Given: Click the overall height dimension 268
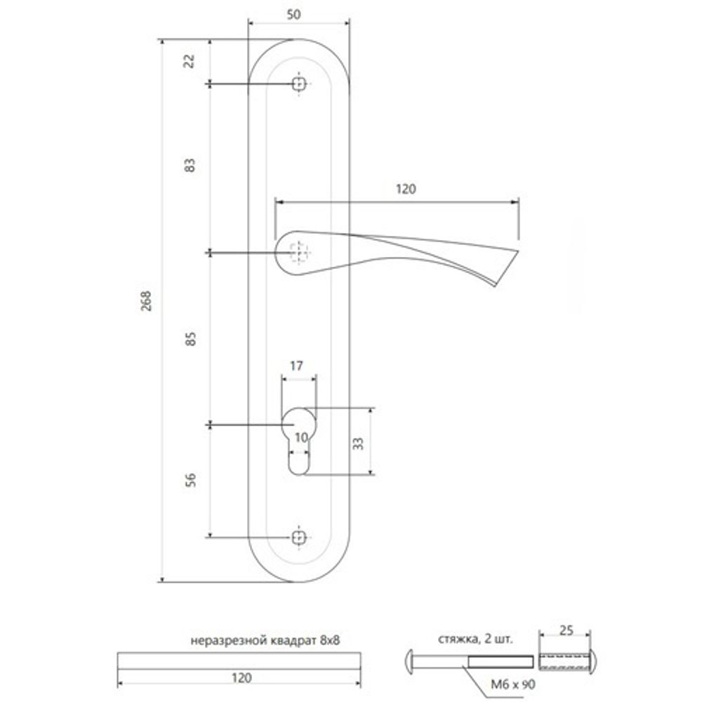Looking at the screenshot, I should coord(146,300).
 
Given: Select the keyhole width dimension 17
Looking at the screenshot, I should coord(296,366).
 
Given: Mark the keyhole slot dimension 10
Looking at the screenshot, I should coord(300,438).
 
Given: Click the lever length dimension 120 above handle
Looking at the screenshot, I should coord(406,189).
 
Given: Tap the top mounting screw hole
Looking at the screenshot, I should coord(300,84).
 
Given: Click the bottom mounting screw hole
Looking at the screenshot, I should coord(300,537).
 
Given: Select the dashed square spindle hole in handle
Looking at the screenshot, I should coord(299,251).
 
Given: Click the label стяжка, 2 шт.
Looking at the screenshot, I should coord(477,640).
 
